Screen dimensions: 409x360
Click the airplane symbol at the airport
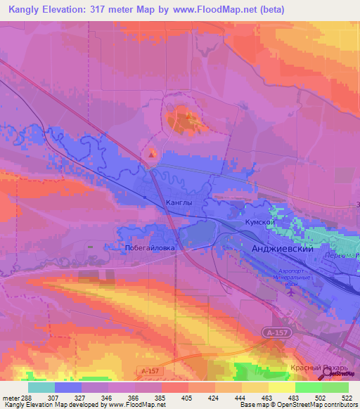point(292,292)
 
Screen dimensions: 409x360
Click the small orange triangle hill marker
point(152,152)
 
